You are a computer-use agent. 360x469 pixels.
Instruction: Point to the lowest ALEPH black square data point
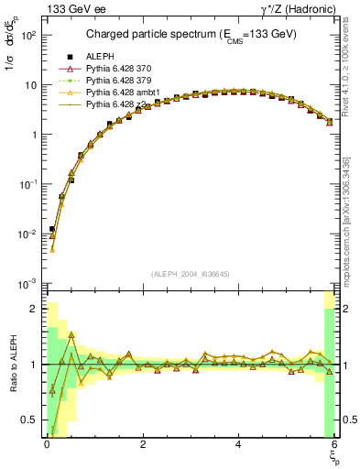click(x=52, y=229)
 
